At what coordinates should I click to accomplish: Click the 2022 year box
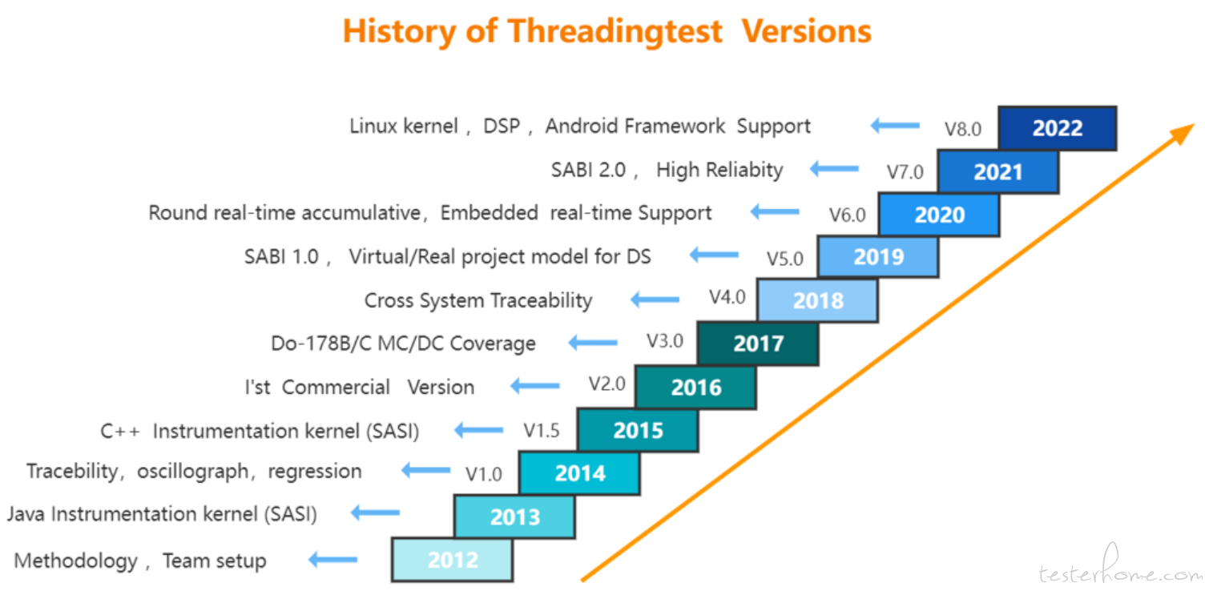point(1057,128)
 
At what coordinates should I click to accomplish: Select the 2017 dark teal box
point(758,344)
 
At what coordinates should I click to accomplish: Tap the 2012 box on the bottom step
point(453,560)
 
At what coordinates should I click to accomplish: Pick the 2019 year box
point(878,256)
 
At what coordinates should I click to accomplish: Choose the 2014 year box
point(580,473)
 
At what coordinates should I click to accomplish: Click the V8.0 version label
point(963,129)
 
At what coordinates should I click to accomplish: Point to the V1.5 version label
point(541,431)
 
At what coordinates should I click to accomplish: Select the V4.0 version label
point(727,297)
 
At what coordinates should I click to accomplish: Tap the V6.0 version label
point(848,215)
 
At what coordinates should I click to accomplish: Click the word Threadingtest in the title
point(615,31)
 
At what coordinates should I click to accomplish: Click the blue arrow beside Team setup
point(333,560)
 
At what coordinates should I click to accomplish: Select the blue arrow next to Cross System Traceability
point(655,299)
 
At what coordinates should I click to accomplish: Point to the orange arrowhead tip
point(1195,124)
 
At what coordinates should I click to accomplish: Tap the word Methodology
point(76,561)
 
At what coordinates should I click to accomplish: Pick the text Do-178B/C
point(321,343)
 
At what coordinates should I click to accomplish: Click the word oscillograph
point(192,472)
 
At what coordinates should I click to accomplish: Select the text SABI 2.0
point(588,170)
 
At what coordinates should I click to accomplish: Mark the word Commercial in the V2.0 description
point(336,387)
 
